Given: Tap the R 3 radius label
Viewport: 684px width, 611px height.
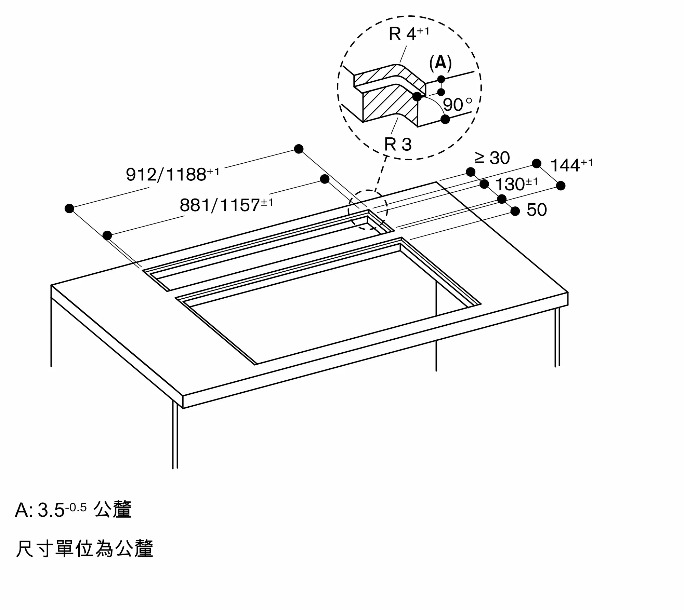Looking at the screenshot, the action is pyautogui.click(x=398, y=144).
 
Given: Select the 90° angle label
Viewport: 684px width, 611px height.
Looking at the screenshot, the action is pyautogui.click(x=457, y=105).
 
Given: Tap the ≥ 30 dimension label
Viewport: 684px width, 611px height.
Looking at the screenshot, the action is pyautogui.click(x=492, y=158).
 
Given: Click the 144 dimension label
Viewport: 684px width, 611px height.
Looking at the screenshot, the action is pyautogui.click(x=571, y=165).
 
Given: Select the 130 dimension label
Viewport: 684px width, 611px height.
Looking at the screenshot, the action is pyautogui.click(x=516, y=184).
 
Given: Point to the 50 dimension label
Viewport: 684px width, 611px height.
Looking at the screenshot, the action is pyautogui.click(x=537, y=210).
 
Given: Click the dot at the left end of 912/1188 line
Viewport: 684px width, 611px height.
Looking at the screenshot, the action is pyautogui.click(x=69, y=208).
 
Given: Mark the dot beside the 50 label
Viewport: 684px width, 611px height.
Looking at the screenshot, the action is pyautogui.click(x=515, y=211).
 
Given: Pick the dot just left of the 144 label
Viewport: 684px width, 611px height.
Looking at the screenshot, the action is pyautogui.click(x=537, y=163).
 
